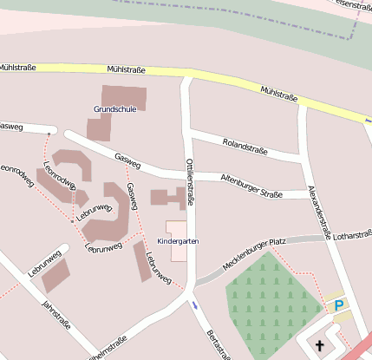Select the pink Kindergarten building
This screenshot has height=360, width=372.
click(x=177, y=251)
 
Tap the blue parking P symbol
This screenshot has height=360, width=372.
click(x=339, y=304)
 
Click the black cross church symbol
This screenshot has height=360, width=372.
click(x=319, y=346)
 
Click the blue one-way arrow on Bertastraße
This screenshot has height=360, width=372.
click(x=195, y=305)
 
